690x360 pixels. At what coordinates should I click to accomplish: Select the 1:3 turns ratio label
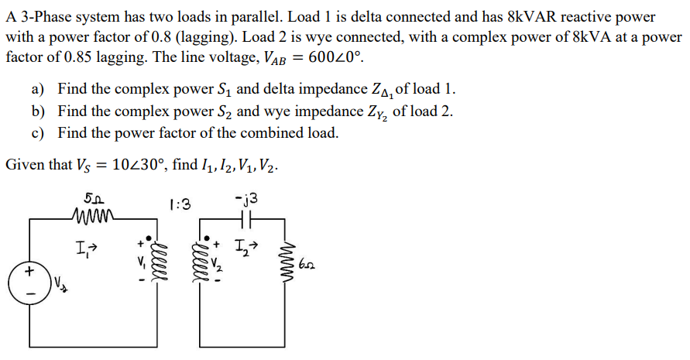click(179, 204)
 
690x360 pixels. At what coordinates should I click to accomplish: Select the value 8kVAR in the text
click(537, 17)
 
